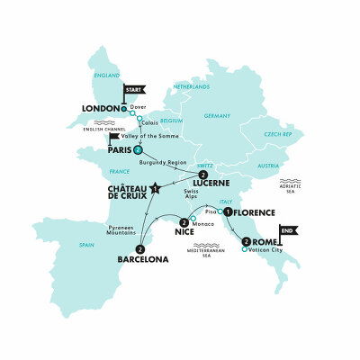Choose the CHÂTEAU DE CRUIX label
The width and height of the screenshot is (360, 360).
[x=121, y=195]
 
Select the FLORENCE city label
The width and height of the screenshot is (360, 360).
[x=261, y=214]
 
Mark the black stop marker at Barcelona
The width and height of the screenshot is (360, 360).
[x=140, y=249]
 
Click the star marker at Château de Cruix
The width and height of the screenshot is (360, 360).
[x=155, y=188]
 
